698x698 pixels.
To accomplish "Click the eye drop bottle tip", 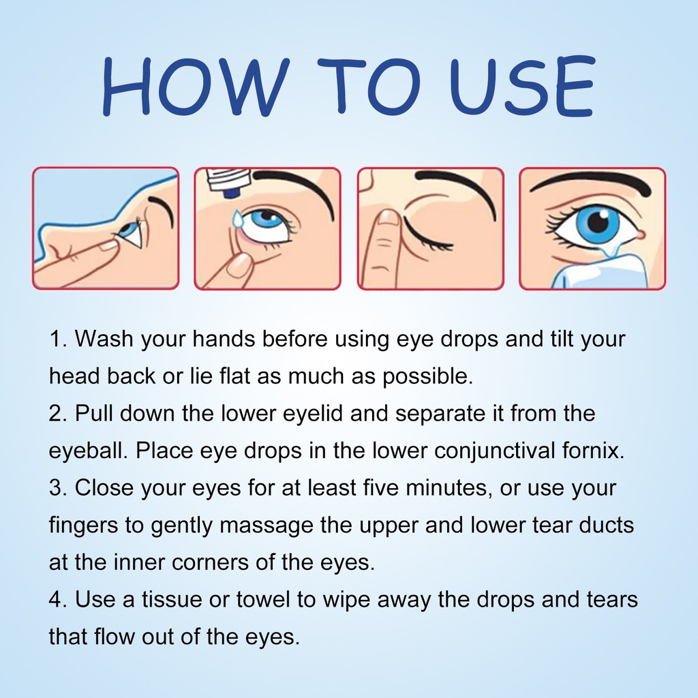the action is (232, 194).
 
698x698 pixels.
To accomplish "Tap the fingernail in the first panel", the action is (107, 245).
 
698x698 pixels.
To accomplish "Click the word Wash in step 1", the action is (104, 339).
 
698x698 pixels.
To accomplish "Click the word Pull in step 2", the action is (94, 414).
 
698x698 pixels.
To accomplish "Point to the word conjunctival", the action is (494, 452).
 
